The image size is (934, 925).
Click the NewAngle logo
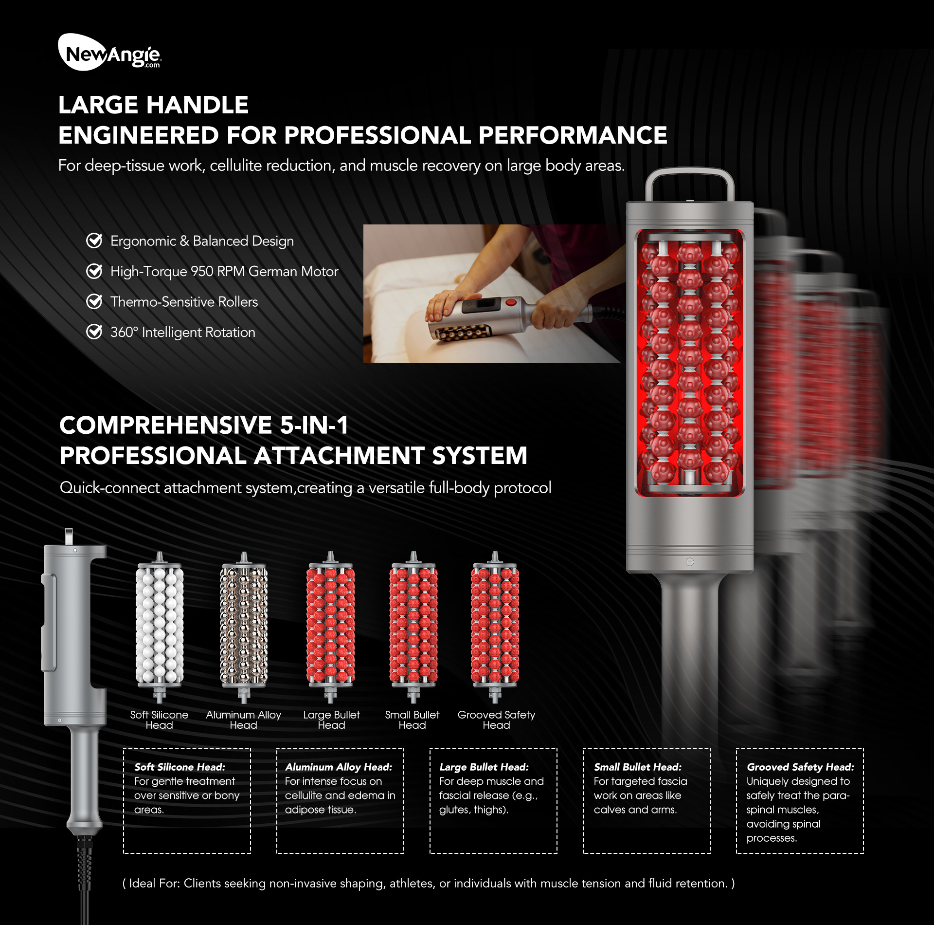coord(109,53)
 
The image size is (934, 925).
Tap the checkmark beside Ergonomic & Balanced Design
coord(94,240)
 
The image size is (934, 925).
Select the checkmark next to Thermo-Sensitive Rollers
coord(94,301)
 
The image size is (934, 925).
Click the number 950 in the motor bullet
coord(201,271)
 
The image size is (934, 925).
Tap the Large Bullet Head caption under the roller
coord(331,720)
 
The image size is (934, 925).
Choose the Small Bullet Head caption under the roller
coord(412,720)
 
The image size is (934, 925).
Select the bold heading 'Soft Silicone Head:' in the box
coord(180,767)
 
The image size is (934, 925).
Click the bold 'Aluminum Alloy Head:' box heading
coord(339,767)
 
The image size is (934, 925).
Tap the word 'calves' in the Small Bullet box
coord(609,810)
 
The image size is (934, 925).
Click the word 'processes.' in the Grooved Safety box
coord(772,838)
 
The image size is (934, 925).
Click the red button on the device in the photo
coord(510,302)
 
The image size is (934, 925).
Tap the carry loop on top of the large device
coord(689,183)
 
